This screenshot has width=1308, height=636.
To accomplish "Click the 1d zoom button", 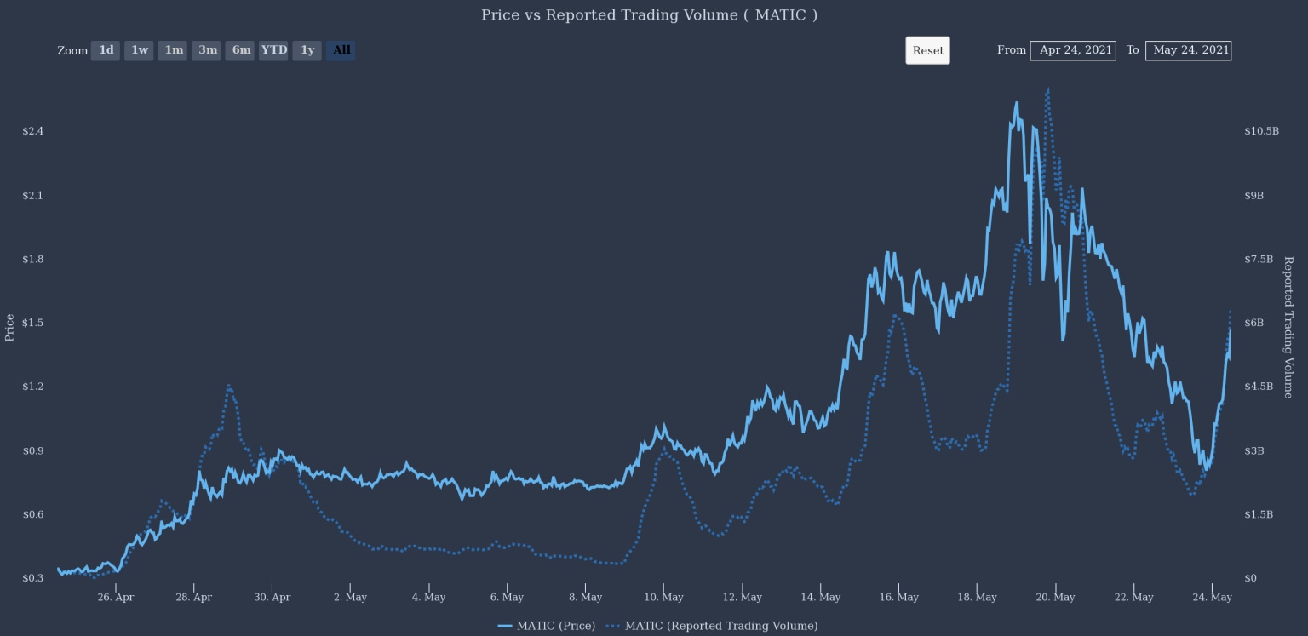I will (106, 50).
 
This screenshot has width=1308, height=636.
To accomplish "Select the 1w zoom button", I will (139, 50).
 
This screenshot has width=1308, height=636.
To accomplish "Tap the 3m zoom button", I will (207, 50).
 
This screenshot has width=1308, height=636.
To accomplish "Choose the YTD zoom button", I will (273, 50).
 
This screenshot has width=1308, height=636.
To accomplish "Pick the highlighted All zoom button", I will (341, 50).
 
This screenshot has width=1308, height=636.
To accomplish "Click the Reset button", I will (927, 50).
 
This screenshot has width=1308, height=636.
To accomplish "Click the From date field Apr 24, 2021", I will (1073, 50).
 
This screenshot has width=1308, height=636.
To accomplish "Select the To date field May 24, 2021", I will (1189, 50).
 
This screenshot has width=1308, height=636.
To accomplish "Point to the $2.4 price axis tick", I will (33, 131).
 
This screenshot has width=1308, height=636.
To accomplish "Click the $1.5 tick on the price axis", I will (33, 323).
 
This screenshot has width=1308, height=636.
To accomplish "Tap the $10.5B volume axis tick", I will (1261, 131).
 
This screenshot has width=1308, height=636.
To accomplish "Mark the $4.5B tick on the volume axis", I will (1258, 387).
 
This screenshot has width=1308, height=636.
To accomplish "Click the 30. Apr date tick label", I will (272, 597).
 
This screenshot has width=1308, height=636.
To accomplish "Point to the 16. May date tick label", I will (898, 597).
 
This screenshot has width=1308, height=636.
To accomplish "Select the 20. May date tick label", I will (1055, 597).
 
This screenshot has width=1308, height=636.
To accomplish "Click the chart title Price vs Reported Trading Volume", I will (649, 15).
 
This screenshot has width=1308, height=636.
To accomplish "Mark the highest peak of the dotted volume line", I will (1047, 88).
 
